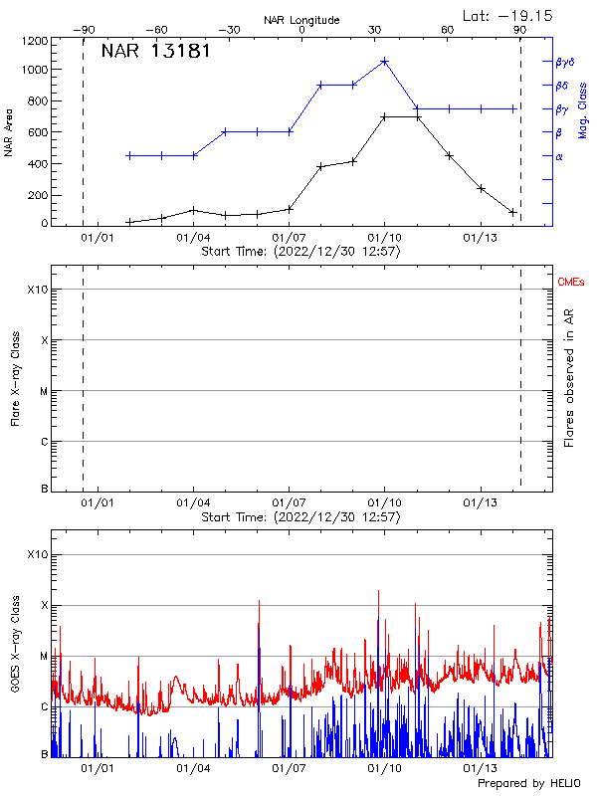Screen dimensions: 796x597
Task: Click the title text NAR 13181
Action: [155, 52]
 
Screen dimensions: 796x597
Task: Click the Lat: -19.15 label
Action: [508, 15]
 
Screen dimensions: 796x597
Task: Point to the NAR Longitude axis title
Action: [301, 20]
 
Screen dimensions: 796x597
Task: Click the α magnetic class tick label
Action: [558, 156]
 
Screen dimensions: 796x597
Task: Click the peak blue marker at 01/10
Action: [384, 61]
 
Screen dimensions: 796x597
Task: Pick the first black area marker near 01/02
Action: [129, 222]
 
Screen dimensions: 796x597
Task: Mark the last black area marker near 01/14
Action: [512, 212]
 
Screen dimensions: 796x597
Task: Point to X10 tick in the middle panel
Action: [38, 290]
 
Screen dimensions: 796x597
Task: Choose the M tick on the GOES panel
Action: [43, 656]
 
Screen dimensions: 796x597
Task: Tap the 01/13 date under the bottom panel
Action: [481, 767]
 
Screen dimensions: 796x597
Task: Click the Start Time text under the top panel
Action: [300, 252]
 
